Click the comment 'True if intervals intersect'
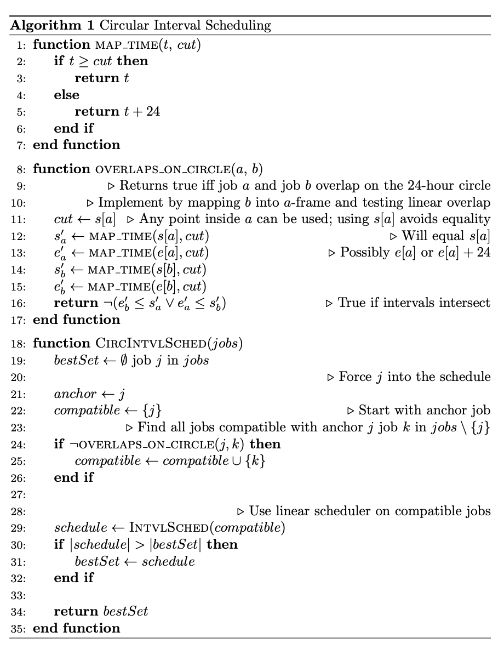coord(414,303)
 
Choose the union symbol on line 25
coord(238,461)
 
